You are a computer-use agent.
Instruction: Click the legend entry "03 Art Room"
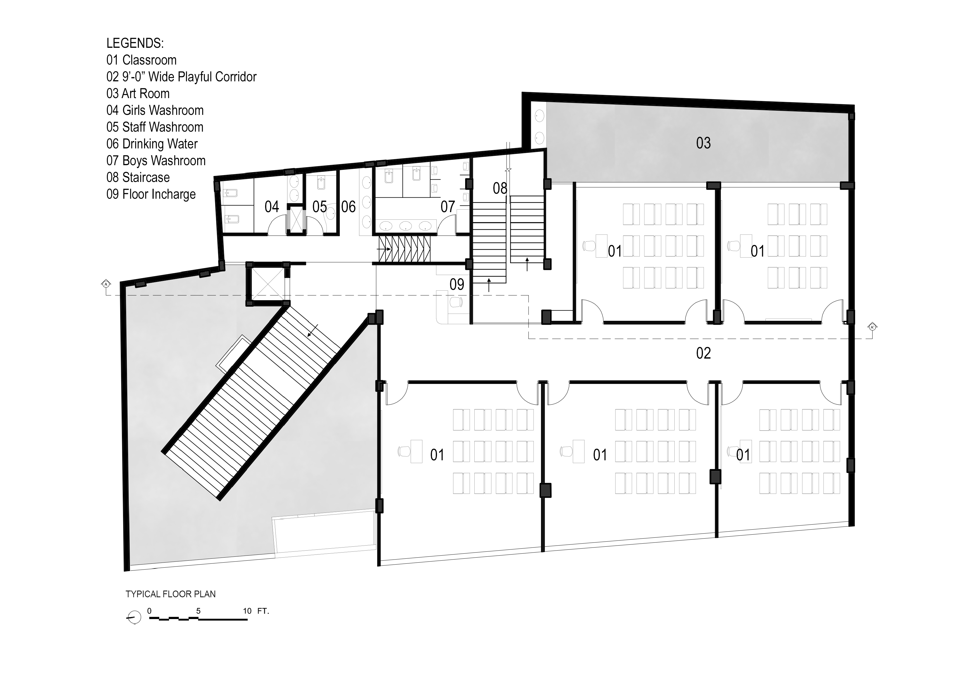pyautogui.click(x=138, y=94)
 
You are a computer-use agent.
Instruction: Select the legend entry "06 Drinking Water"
pyautogui.click(x=152, y=144)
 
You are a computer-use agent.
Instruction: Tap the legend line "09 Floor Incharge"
pyautogui.click(x=151, y=194)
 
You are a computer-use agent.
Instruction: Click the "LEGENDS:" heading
pyautogui.click(x=135, y=43)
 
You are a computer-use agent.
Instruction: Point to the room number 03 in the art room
pyautogui.click(x=703, y=143)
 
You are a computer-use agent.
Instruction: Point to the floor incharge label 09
pyautogui.click(x=457, y=284)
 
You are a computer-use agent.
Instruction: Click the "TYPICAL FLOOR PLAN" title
pyautogui.click(x=171, y=594)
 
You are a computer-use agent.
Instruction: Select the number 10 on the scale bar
pyautogui.click(x=247, y=611)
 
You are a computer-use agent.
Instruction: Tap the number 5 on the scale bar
pyautogui.click(x=198, y=611)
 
